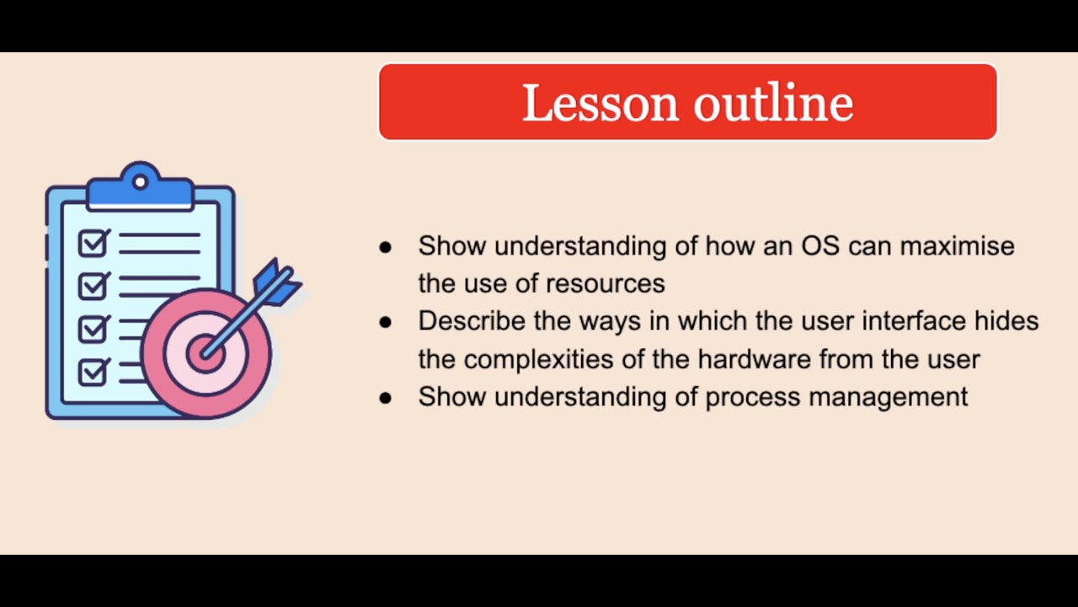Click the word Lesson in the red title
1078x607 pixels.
pyautogui.click(x=600, y=103)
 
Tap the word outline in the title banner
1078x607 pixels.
pyautogui.click(x=773, y=103)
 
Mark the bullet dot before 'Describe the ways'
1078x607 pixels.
pyautogui.click(x=386, y=322)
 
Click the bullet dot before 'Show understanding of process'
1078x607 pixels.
pyautogui.click(x=386, y=398)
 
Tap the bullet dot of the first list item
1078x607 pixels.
pyautogui.click(x=386, y=247)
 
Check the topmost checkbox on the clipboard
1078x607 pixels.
pyautogui.click(x=93, y=243)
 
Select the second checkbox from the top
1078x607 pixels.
pyautogui.click(x=93, y=286)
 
